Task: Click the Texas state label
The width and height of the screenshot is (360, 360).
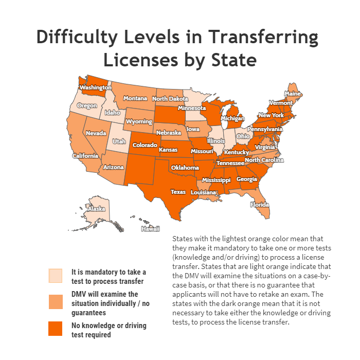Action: point(178,192)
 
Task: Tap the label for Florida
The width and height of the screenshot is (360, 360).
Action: point(260,204)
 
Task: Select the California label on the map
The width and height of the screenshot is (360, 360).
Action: point(85,156)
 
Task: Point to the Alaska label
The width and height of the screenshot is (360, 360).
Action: point(96,209)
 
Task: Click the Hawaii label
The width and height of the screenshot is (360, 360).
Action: point(151,229)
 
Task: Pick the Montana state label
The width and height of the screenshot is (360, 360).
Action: point(135,98)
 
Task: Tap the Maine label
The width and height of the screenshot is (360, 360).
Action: point(293,94)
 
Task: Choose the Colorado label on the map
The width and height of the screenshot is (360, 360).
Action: point(145,145)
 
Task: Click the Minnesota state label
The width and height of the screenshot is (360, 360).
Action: point(192,108)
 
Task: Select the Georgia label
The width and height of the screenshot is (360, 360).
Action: point(247,179)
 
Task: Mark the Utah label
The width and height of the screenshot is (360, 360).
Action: point(119,141)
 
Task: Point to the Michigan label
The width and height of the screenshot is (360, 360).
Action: point(232,118)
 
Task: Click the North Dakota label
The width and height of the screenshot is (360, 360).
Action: point(170,99)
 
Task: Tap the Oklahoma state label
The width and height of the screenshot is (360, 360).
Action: point(185,168)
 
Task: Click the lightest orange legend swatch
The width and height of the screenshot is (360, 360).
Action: point(55,276)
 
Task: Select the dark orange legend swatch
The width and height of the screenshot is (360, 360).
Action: point(55,329)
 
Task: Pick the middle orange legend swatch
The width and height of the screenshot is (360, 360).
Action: point(55,302)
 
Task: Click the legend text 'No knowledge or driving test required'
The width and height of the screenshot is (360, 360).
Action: point(109,330)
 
